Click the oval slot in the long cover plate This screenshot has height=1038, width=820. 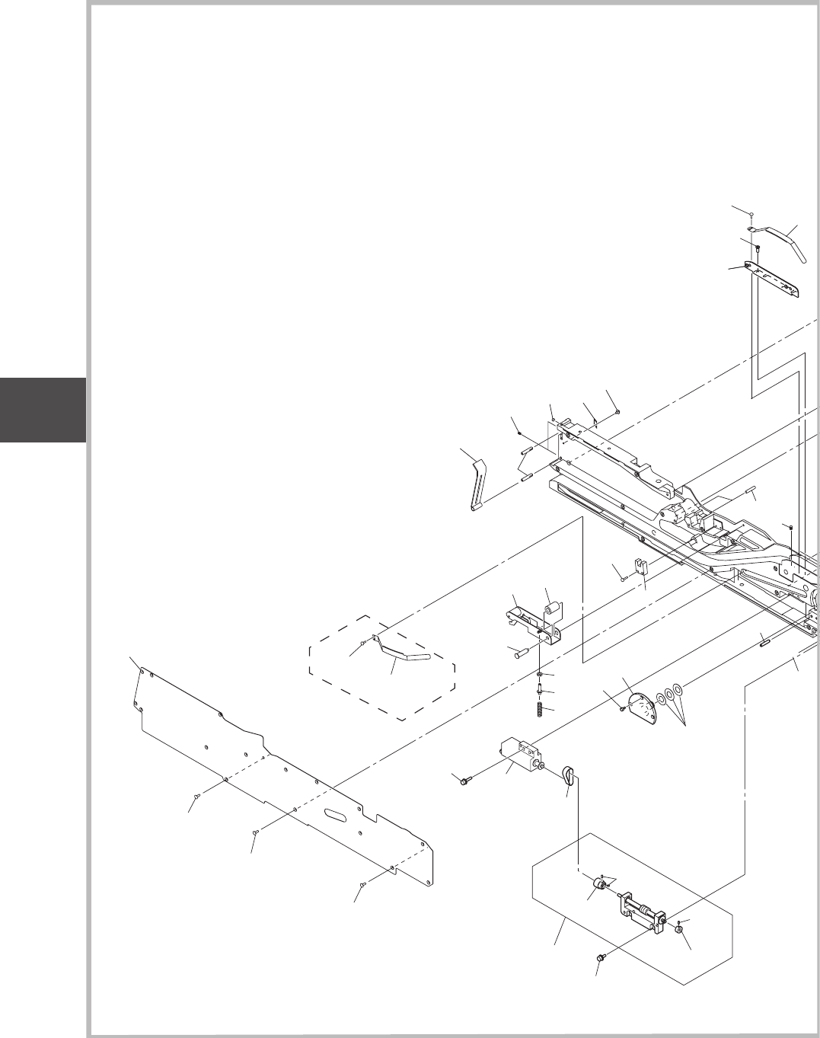point(337,814)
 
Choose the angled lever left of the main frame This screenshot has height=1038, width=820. point(477,484)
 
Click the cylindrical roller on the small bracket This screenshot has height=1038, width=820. point(552,609)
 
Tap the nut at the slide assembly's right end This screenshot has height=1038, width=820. point(678,928)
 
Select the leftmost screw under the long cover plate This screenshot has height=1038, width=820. point(196,796)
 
